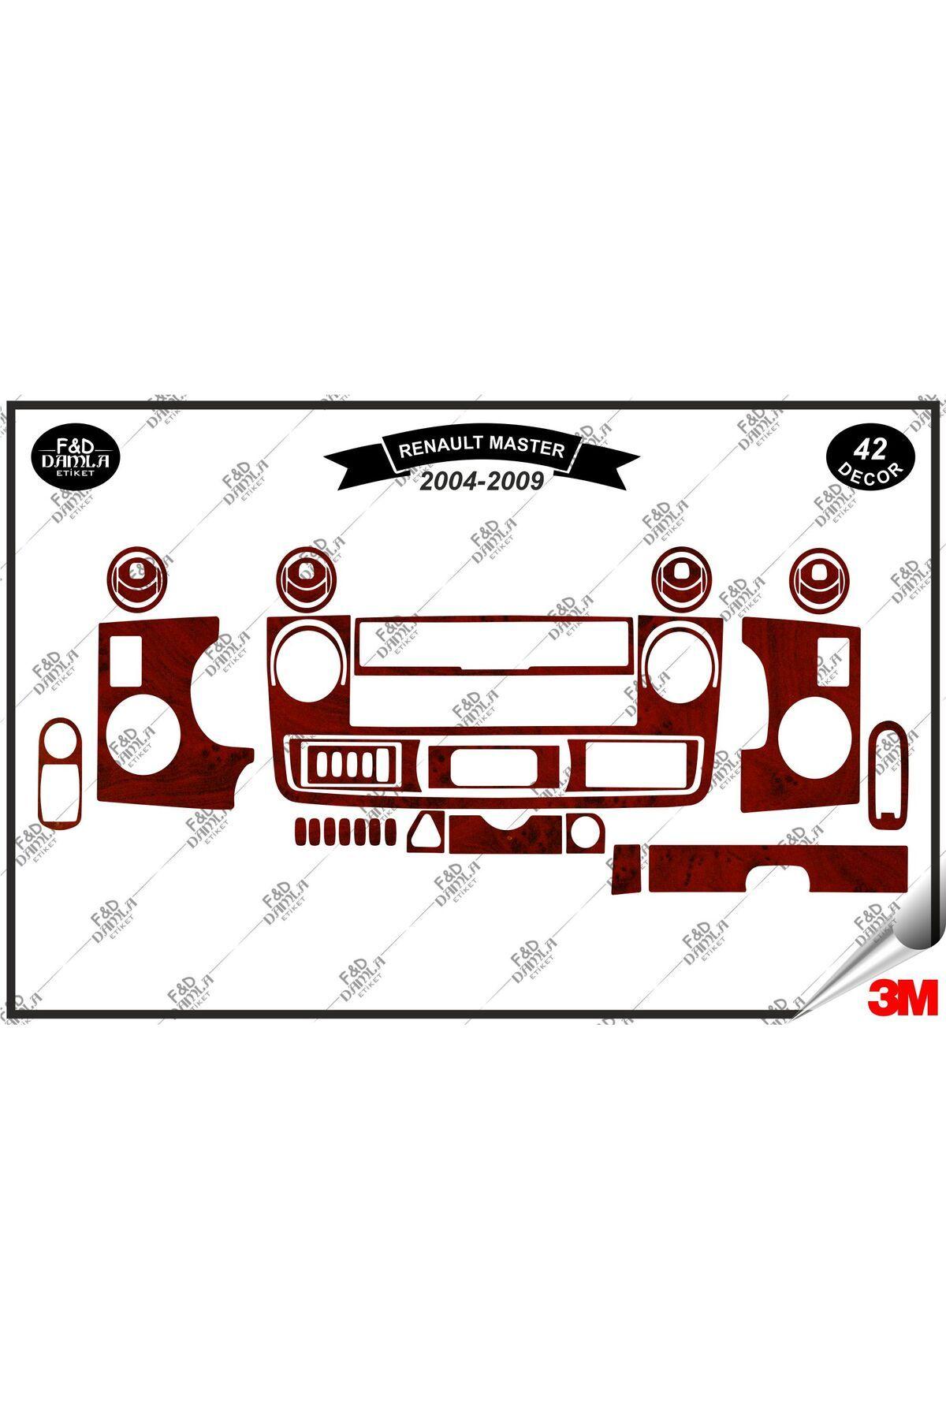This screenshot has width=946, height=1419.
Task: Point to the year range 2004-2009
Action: pos(481,482)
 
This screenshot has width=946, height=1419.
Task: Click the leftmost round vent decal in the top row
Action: pos(139,578)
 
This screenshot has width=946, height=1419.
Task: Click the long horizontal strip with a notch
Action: pos(776,869)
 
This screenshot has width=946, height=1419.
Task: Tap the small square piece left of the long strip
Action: pos(627,870)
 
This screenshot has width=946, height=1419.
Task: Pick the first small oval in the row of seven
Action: pos(301,832)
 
